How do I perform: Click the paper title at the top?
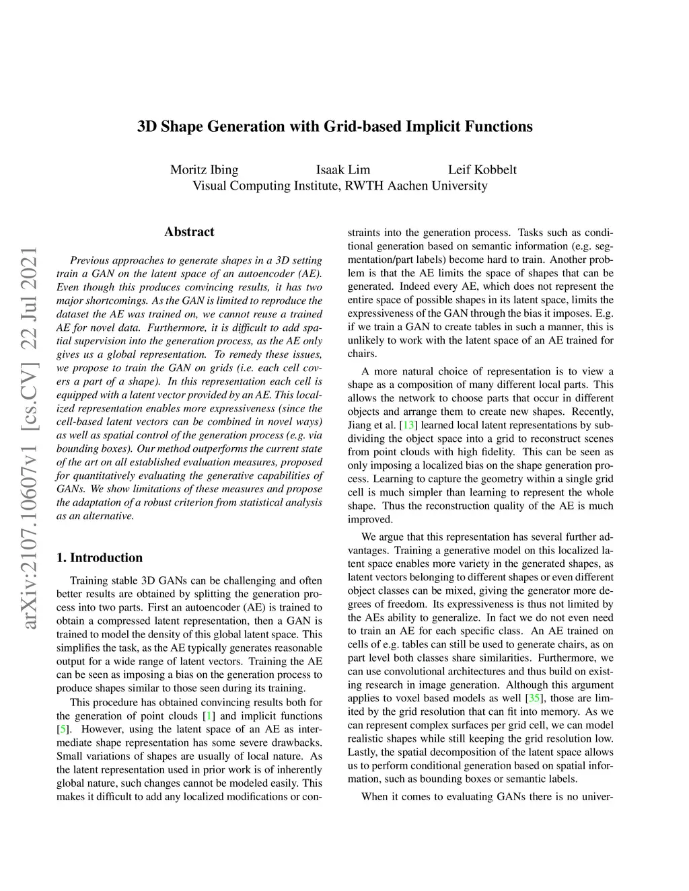pyautogui.click(x=334, y=126)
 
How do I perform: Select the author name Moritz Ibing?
pyautogui.click(x=204, y=169)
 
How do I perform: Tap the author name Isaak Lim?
pyautogui.click(x=342, y=169)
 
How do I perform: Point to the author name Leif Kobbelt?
pyautogui.click(x=482, y=169)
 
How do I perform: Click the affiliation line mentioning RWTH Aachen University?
pyautogui.click(x=340, y=186)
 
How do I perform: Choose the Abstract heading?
pyautogui.click(x=189, y=232)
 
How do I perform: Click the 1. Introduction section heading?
pyautogui.click(x=100, y=557)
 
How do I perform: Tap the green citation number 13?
pyautogui.click(x=408, y=425)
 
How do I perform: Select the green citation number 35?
pyautogui.click(x=535, y=698)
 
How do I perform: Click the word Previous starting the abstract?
pyautogui.click(x=89, y=260)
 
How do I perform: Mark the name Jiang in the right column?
pyautogui.click(x=359, y=425)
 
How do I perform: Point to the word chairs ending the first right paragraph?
pyautogui.click(x=363, y=354)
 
